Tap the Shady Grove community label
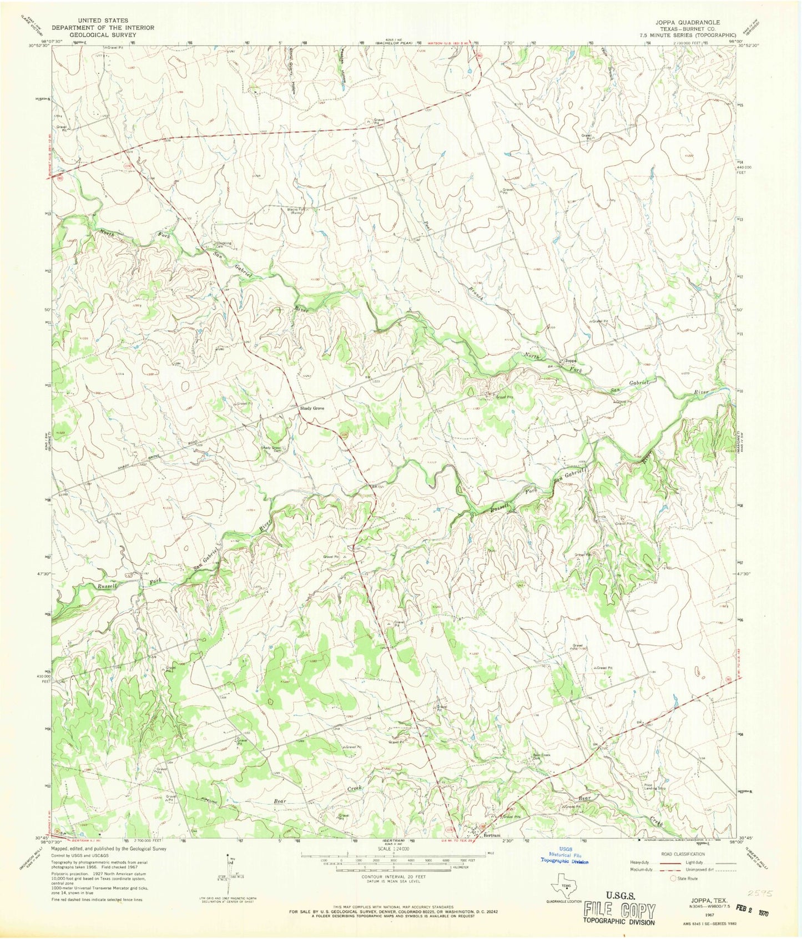(312, 408)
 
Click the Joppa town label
(572, 360)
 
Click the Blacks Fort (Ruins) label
(295, 211)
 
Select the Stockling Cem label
(224, 244)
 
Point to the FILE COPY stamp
(619, 910)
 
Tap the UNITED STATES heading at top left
(103, 21)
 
